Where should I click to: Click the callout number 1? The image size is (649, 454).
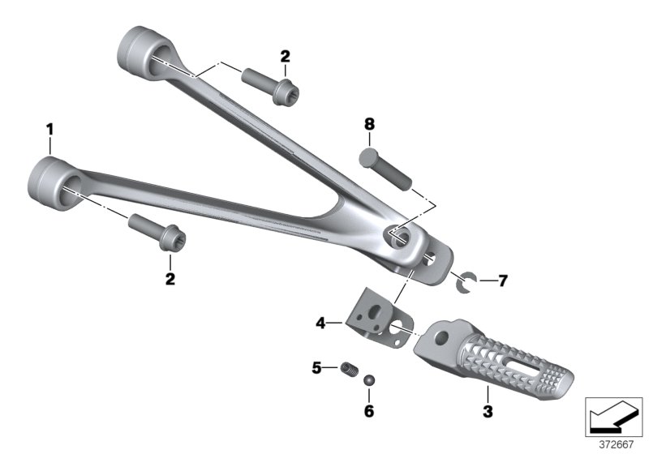coord(49,130)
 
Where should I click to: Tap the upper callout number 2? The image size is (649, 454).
coord(286,56)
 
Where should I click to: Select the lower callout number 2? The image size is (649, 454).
coord(170,279)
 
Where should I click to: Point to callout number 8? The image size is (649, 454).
coord(369,124)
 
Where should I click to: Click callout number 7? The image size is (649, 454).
coord(502,281)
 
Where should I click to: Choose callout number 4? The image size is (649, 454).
coord(320,323)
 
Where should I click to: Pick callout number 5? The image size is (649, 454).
coord(316,367)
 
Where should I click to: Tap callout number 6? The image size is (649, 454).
coord(369,411)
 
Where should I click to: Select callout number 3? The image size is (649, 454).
coord(488,411)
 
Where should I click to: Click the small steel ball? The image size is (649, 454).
coord(369,380)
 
